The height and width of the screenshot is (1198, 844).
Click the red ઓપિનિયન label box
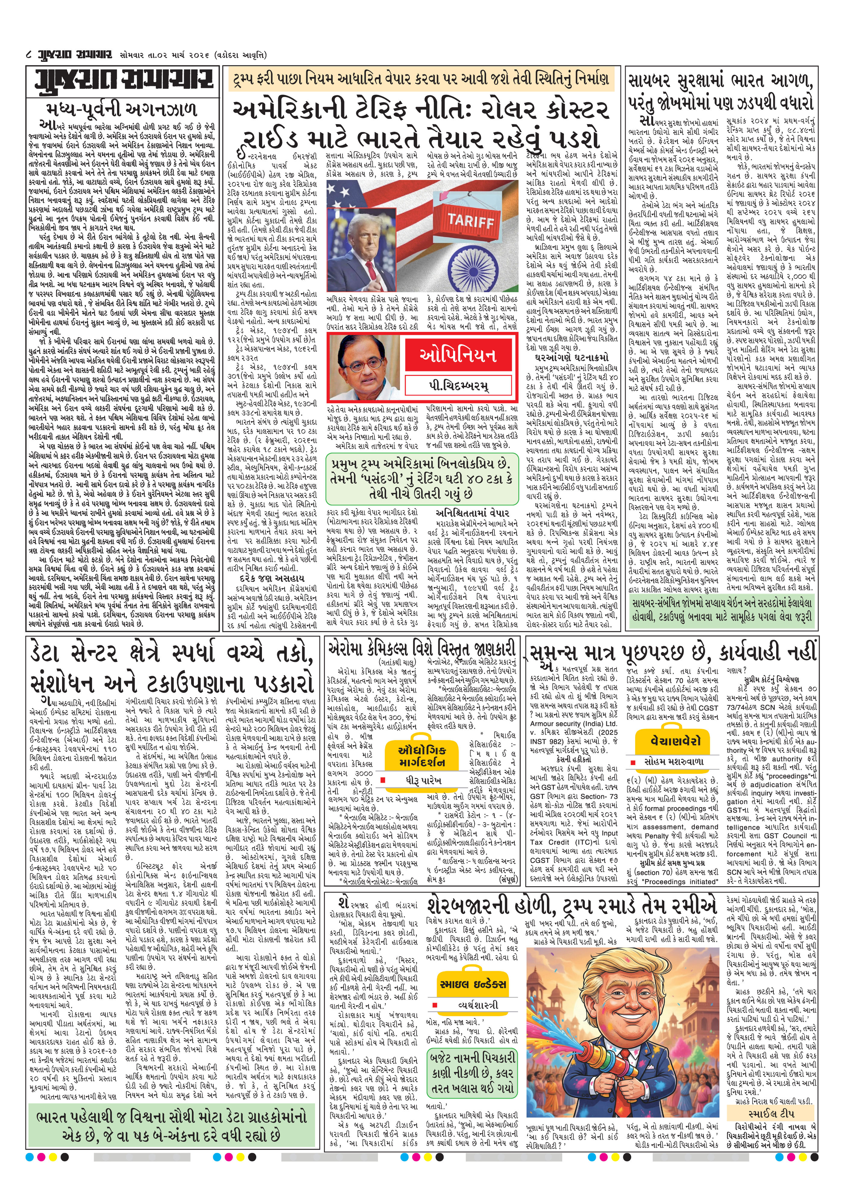[458, 356]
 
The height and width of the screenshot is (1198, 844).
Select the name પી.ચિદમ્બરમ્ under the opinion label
[458, 386]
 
